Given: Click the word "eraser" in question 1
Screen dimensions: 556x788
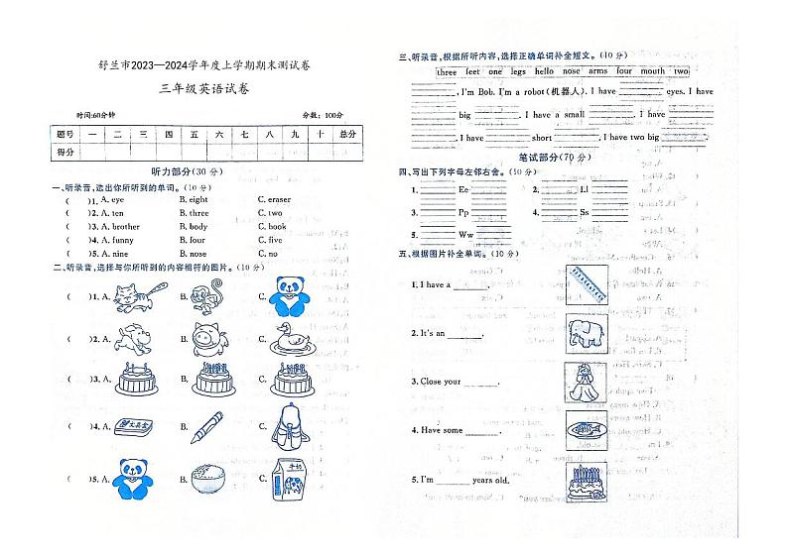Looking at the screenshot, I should (x=273, y=200).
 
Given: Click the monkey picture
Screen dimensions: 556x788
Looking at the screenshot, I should (x=209, y=294).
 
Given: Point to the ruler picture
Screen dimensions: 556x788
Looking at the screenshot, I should (x=587, y=285).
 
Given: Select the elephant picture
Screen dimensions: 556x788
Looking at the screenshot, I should (x=586, y=332).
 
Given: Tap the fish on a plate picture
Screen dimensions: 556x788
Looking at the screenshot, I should (x=586, y=431).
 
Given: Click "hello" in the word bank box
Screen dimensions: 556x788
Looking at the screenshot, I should (x=543, y=72).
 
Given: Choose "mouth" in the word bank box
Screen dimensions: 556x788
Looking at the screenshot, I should (x=653, y=72).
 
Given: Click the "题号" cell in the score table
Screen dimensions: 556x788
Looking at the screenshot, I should (x=65, y=135).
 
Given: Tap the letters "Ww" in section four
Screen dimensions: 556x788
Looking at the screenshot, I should (x=464, y=235).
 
